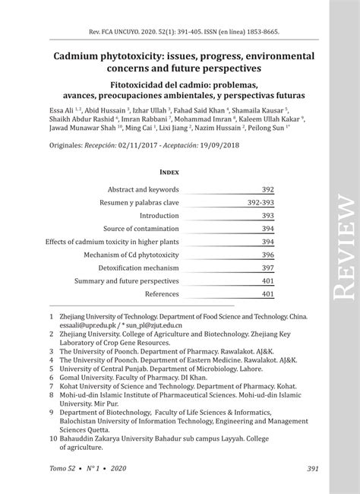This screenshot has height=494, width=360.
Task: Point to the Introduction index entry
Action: [x=158, y=216]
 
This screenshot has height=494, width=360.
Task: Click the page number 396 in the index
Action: [x=267, y=255]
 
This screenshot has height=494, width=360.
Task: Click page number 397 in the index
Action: [x=267, y=268]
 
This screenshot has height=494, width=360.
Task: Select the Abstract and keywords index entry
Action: [x=144, y=190]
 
